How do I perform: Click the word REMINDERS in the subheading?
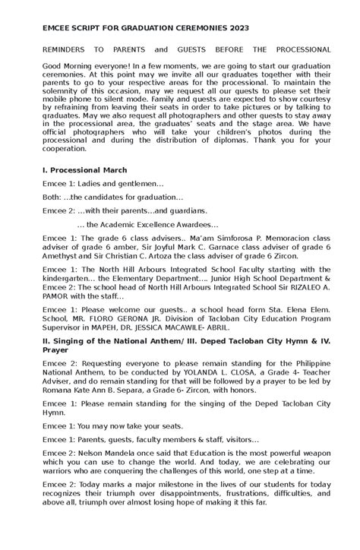click(x=70, y=47)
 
